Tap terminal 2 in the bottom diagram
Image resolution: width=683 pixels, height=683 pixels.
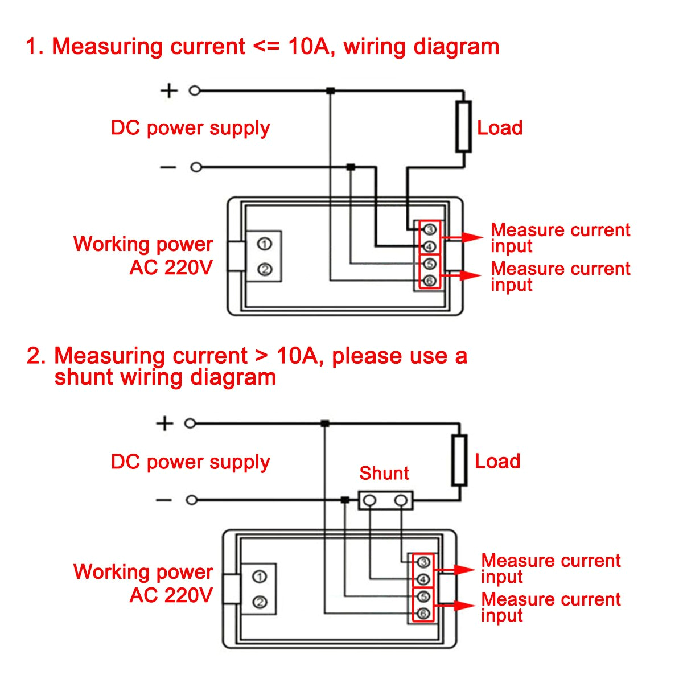coord(260,602)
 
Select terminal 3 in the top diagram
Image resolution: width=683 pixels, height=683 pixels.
coord(430,229)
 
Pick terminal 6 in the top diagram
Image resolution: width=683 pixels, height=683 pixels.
coord(430,280)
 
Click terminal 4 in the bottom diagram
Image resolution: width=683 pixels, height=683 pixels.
coord(423,580)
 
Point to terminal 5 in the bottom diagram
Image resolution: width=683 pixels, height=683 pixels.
coord(423,596)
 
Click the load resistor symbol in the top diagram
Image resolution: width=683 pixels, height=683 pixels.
coord(464,126)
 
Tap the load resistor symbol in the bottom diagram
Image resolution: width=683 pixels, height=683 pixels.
coord(459,460)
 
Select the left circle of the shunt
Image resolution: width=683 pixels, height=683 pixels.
coord(370,500)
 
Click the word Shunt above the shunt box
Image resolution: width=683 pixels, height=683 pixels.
coord(384,474)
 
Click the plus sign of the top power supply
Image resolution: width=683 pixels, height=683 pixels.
coord(168,90)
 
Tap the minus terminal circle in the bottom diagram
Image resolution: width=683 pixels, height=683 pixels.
coord(192,500)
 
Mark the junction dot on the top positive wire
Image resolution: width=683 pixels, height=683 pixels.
coord(330,90)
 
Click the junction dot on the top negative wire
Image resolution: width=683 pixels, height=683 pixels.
coord(351,167)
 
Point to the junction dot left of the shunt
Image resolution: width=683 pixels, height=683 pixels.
coord(344,500)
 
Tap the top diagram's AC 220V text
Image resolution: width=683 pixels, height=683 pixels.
coord(171,268)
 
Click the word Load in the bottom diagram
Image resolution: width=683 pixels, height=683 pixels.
coord(497,461)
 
